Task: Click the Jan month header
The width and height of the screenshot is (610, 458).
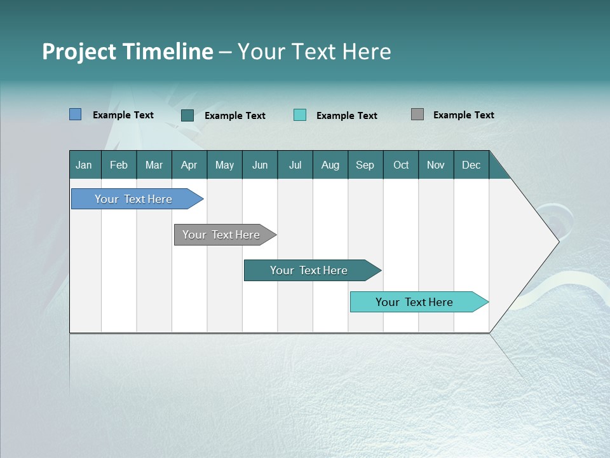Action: coord(84,165)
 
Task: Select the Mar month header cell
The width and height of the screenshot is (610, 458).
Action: coord(154,165)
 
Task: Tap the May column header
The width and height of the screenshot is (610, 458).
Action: coord(224,165)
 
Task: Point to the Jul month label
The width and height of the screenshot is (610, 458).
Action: coord(295,165)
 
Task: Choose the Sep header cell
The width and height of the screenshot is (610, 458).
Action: coord(365,165)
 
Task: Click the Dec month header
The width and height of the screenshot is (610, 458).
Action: coord(471,165)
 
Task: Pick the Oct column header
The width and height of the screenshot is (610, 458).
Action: coord(401,165)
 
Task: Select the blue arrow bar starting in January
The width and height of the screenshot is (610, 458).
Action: coord(133,199)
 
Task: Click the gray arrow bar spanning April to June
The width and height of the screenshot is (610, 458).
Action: coord(221,235)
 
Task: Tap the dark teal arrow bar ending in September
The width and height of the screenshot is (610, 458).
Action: coord(309,270)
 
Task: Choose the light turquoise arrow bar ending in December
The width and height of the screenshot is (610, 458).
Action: coord(414,302)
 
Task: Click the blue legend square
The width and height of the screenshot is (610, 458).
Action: coord(75,114)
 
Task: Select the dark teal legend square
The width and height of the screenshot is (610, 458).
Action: coord(187,115)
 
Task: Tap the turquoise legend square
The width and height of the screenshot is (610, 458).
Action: coord(300,115)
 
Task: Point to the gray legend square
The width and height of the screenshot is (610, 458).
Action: coord(417,114)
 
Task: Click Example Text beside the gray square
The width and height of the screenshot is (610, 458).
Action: coord(463,115)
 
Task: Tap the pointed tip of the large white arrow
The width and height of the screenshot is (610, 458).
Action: coord(557,241)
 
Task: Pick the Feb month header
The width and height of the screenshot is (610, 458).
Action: coord(119,165)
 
